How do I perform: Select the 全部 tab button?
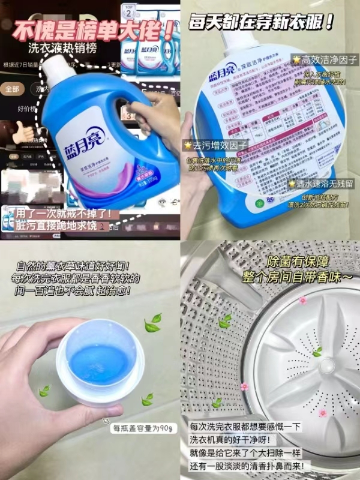pos(13,89)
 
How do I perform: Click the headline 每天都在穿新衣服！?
pos(269,24)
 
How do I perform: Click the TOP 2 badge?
pos(130,11)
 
